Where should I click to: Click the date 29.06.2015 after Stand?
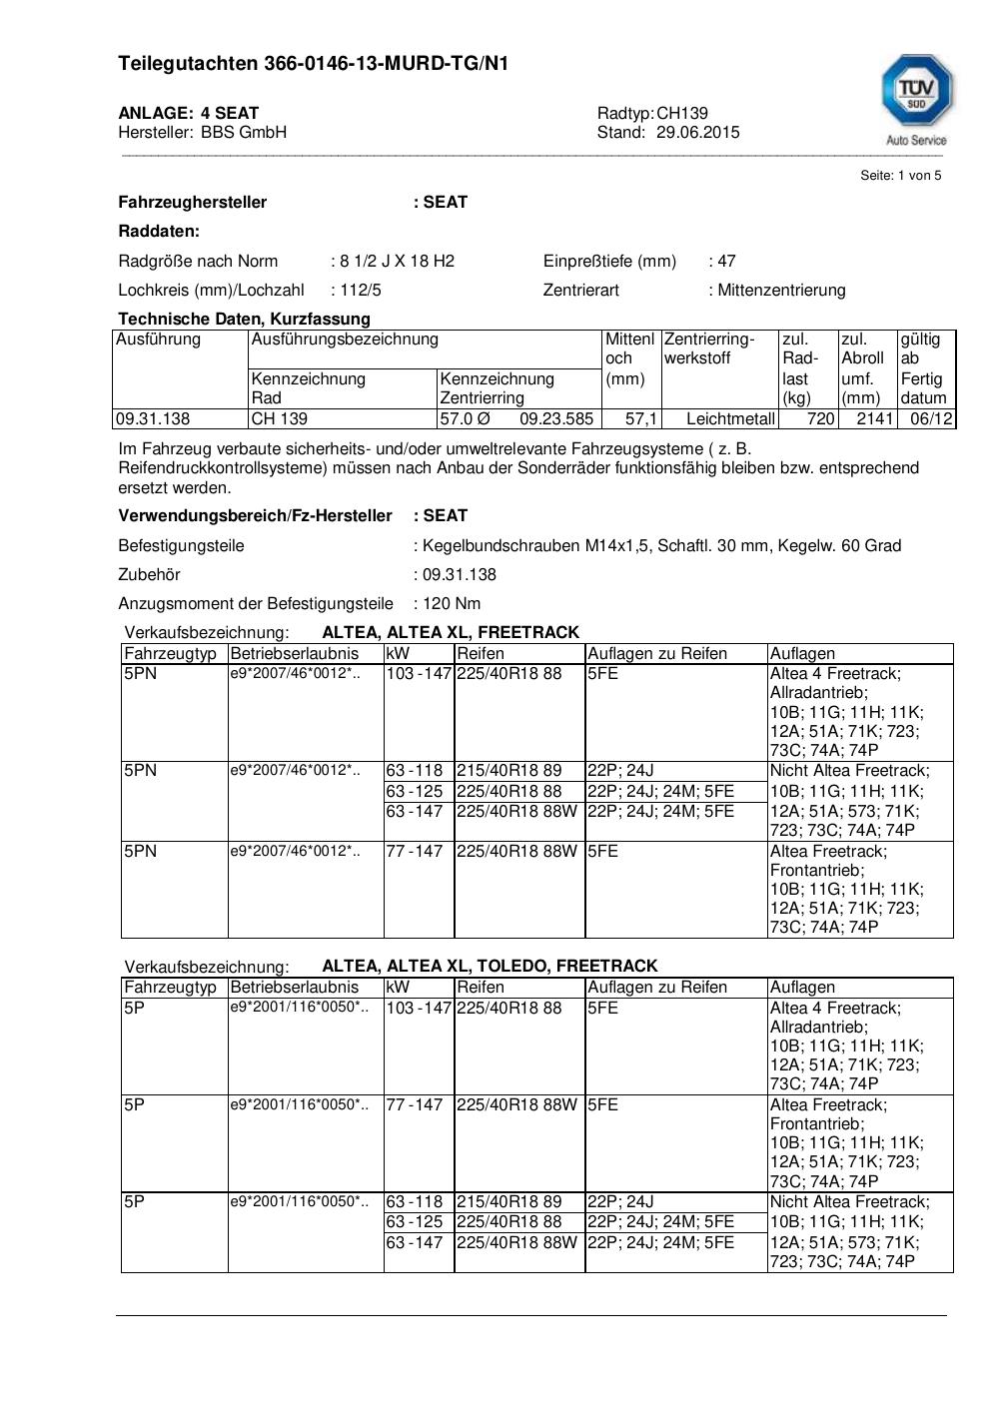click(698, 132)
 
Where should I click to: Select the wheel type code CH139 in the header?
click(682, 113)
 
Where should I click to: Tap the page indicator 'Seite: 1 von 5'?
click(900, 176)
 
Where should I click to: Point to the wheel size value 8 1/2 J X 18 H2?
click(397, 262)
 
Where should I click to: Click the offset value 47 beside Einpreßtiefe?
click(726, 262)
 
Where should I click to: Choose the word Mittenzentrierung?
click(781, 291)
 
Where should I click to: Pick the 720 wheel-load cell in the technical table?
click(820, 419)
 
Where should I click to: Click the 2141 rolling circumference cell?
click(874, 419)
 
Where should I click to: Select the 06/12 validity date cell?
click(931, 419)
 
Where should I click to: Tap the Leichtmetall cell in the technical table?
click(730, 419)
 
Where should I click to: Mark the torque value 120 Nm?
click(452, 604)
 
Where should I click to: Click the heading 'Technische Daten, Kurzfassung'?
click(244, 320)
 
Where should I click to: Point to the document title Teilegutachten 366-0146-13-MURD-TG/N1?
click(313, 64)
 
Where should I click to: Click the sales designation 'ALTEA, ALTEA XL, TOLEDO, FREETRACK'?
click(490, 967)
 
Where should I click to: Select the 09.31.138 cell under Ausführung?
click(153, 419)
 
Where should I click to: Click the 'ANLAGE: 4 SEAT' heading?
click(188, 113)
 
